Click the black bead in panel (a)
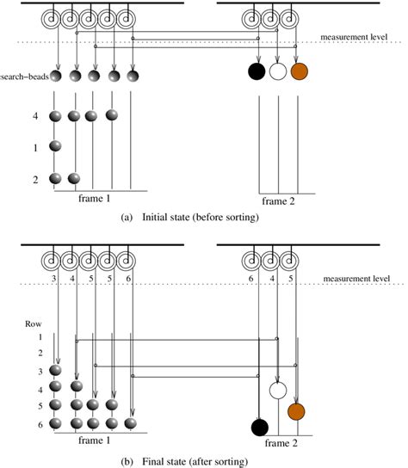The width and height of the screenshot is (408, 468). point(257,71)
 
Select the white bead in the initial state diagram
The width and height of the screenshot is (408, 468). point(277,71)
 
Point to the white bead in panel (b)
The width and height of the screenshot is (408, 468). point(277,390)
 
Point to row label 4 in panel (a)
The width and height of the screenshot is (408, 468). point(35,116)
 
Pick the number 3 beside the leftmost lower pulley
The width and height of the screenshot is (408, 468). point(53,280)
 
